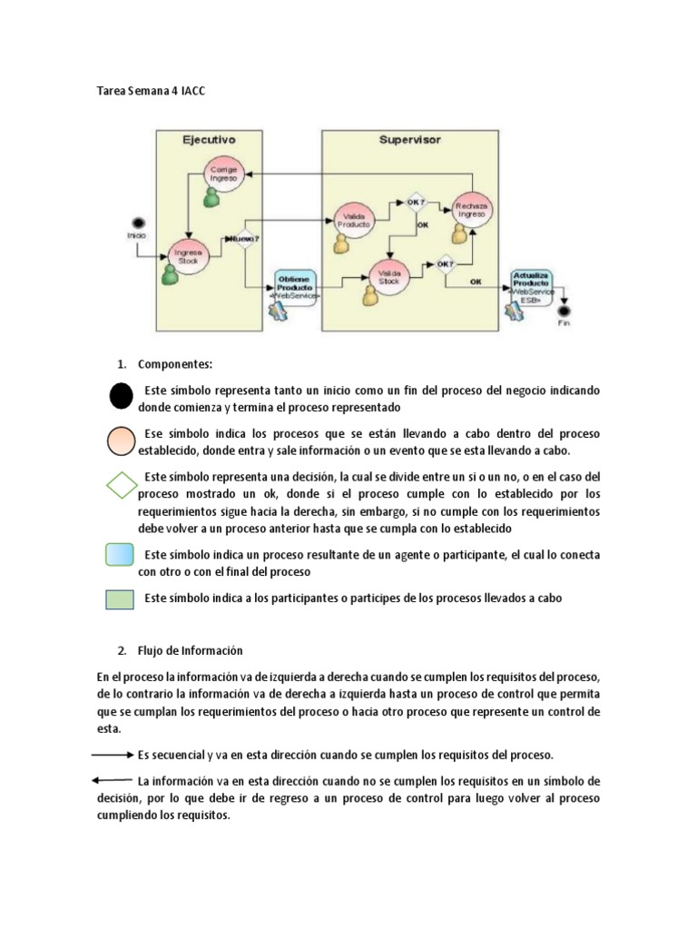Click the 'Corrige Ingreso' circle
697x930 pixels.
tap(222, 174)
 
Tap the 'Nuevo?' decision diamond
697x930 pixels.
tap(243, 240)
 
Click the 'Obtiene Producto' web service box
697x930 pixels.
tap(293, 284)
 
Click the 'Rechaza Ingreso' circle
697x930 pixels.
tap(471, 210)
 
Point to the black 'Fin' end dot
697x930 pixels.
tap(565, 310)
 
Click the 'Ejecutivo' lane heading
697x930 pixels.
tap(211, 141)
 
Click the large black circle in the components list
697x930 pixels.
tap(121, 396)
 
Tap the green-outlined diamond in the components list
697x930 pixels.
tap(121, 485)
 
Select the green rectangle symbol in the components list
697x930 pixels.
tap(121, 600)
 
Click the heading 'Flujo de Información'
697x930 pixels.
tap(191, 651)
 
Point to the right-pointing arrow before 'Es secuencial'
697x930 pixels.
tap(113, 756)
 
